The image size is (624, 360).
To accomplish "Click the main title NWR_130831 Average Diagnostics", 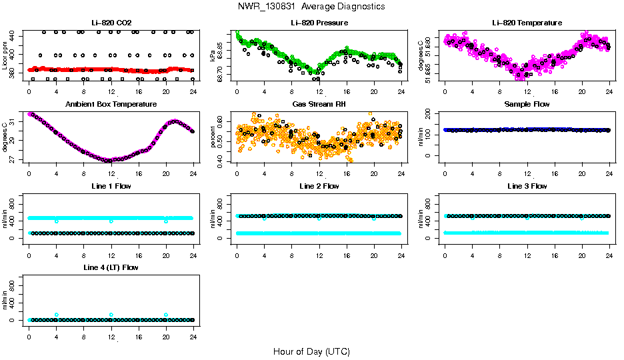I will point(311,7).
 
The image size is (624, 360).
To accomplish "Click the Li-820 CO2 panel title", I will point(111,23).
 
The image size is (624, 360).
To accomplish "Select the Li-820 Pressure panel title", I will point(319,23).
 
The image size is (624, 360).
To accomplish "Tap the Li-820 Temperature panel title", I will point(527,23).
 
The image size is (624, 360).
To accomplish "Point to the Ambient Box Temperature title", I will point(111,105).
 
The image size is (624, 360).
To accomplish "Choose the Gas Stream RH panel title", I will point(319,105).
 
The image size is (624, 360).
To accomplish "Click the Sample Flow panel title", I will point(527,105).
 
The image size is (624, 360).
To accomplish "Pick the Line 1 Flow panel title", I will point(111,186).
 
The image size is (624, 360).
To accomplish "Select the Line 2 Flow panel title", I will point(319,186).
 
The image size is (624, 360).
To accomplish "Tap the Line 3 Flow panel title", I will point(527,186).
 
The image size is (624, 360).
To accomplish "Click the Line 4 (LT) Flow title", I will point(111,267).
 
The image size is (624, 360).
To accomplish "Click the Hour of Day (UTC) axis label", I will point(311,351).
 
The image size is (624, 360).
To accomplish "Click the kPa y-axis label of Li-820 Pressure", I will point(213,55).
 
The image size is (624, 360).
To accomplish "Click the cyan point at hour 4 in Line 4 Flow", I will point(57,315).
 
